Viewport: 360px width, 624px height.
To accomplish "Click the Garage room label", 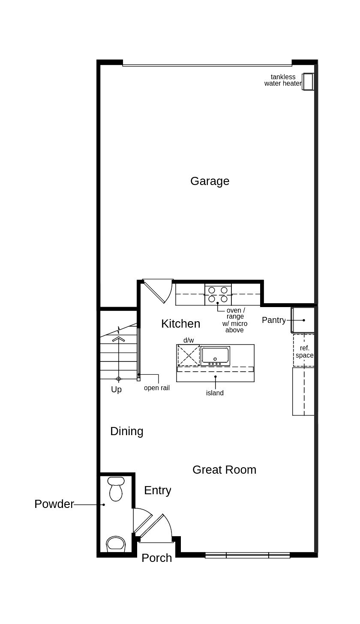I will click(x=210, y=181).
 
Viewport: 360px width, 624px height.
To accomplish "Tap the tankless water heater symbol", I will click(x=308, y=81).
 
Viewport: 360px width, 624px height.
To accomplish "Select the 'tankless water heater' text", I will click(x=283, y=80).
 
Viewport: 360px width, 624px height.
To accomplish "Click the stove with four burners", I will click(x=218, y=294).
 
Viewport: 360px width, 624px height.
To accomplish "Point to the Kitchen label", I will click(x=180, y=324).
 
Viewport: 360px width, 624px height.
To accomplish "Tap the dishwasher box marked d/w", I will click(x=189, y=355).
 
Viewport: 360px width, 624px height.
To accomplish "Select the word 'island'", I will click(x=215, y=393).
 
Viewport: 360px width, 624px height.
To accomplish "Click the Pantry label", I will click(x=273, y=320).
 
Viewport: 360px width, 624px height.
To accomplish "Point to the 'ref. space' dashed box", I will click(x=304, y=351).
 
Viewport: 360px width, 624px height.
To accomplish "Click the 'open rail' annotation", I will click(x=156, y=388).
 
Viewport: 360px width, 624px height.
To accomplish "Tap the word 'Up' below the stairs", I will click(x=116, y=390).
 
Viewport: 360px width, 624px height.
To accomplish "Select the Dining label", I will click(x=126, y=431).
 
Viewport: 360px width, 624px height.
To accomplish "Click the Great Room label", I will click(x=224, y=470).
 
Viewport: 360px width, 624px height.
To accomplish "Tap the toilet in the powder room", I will click(x=116, y=489).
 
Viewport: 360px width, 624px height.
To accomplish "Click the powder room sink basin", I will click(x=116, y=543).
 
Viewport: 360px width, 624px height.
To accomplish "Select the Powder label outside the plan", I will click(x=54, y=504).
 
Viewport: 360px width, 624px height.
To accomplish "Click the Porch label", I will click(x=156, y=558).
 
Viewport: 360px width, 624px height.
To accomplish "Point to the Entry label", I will click(x=157, y=490).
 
